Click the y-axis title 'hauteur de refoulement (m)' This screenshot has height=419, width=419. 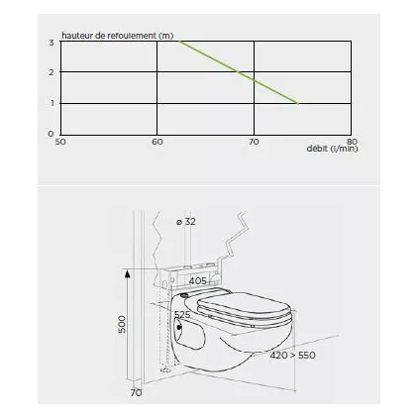(118, 36)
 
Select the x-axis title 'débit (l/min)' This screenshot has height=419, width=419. (332, 149)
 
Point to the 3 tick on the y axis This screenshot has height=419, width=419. (52, 43)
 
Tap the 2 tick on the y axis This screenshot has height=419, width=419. (52, 72)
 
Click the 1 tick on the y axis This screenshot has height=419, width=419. (52, 103)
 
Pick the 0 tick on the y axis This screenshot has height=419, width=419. (51, 134)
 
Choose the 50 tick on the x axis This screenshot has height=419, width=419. (60, 142)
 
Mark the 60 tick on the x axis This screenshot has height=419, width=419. (157, 142)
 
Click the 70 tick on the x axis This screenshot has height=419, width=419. (254, 142)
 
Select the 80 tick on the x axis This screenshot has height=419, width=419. (353, 142)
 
